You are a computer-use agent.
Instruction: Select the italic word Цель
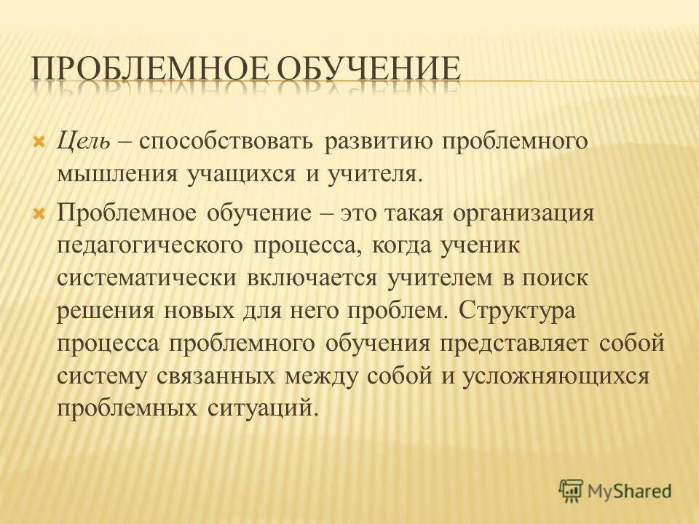tap(83, 140)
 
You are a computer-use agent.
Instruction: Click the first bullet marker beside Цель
tap(40, 139)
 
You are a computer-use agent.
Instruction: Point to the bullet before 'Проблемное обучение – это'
tap(40, 213)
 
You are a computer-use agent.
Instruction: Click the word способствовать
tap(232, 140)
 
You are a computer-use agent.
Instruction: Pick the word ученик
tap(479, 246)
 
